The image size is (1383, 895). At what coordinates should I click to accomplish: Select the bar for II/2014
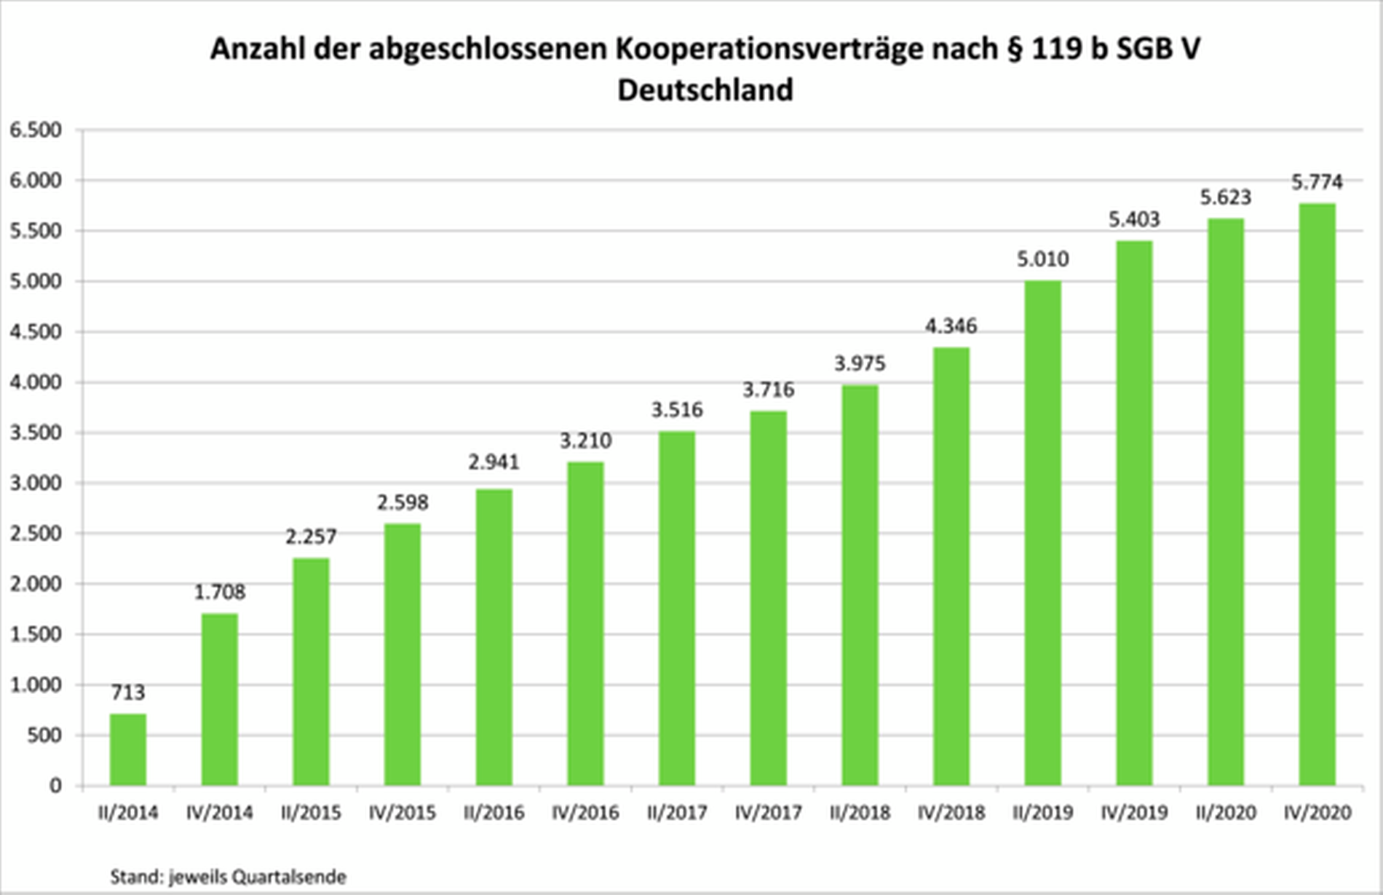[128, 749]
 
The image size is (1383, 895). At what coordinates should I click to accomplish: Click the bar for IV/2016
[585, 623]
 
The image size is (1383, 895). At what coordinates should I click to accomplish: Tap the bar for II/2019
[1042, 533]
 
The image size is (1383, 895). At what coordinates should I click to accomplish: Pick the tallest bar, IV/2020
[1317, 494]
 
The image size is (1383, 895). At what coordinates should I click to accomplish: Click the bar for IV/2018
[951, 567]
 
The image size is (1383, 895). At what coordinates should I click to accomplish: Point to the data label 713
[128, 692]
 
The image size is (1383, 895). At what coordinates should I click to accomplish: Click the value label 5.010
[1042, 259]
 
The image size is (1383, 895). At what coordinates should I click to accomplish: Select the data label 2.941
[494, 462]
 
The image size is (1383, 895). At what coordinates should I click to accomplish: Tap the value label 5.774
[1317, 181]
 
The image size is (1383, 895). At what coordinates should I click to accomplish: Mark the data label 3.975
[860, 363]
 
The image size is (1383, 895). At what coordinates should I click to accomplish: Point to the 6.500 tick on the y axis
[36, 130]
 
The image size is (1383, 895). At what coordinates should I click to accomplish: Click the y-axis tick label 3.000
[36, 483]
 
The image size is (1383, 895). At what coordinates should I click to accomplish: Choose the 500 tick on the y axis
[45, 735]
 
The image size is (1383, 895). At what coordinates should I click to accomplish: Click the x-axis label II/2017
[677, 812]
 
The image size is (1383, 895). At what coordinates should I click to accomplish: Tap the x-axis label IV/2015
[403, 812]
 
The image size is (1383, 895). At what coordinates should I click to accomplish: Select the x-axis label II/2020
[1226, 812]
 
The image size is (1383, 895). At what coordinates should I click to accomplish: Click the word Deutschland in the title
[705, 90]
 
